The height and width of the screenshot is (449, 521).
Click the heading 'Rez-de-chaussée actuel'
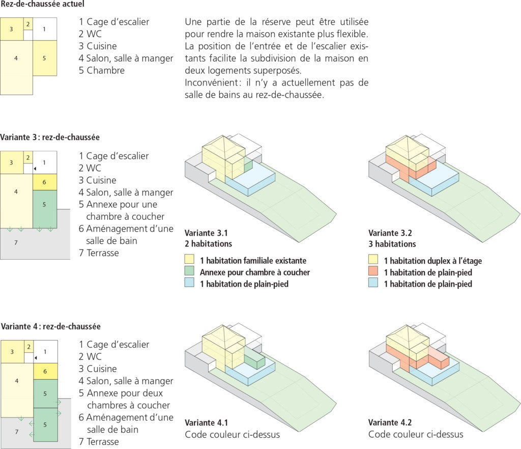pyautogui.click(x=42, y=4)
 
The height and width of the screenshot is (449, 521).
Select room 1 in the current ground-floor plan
pyautogui.click(x=45, y=30)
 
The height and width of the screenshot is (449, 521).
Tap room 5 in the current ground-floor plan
pyautogui.click(x=45, y=58)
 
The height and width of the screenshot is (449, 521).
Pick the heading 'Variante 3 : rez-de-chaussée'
pyautogui.click(x=50, y=137)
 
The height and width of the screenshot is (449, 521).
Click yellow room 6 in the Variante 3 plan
pyautogui.click(x=45, y=182)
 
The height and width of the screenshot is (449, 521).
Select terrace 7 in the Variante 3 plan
pyautogui.click(x=18, y=243)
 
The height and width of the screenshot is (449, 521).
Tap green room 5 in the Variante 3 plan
pyautogui.click(x=45, y=205)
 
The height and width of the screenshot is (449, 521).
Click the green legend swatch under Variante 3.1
pyautogui.click(x=189, y=272)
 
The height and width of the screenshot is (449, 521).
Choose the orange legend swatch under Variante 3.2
pyautogui.click(x=373, y=272)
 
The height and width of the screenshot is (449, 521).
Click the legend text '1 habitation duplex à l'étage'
pyautogui.click(x=432, y=261)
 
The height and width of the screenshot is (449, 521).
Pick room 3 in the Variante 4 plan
pyautogui.click(x=12, y=352)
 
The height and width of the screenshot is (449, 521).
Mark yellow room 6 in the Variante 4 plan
pyautogui.click(x=45, y=372)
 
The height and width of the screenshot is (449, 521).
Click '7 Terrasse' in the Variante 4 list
pyautogui.click(x=99, y=441)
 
